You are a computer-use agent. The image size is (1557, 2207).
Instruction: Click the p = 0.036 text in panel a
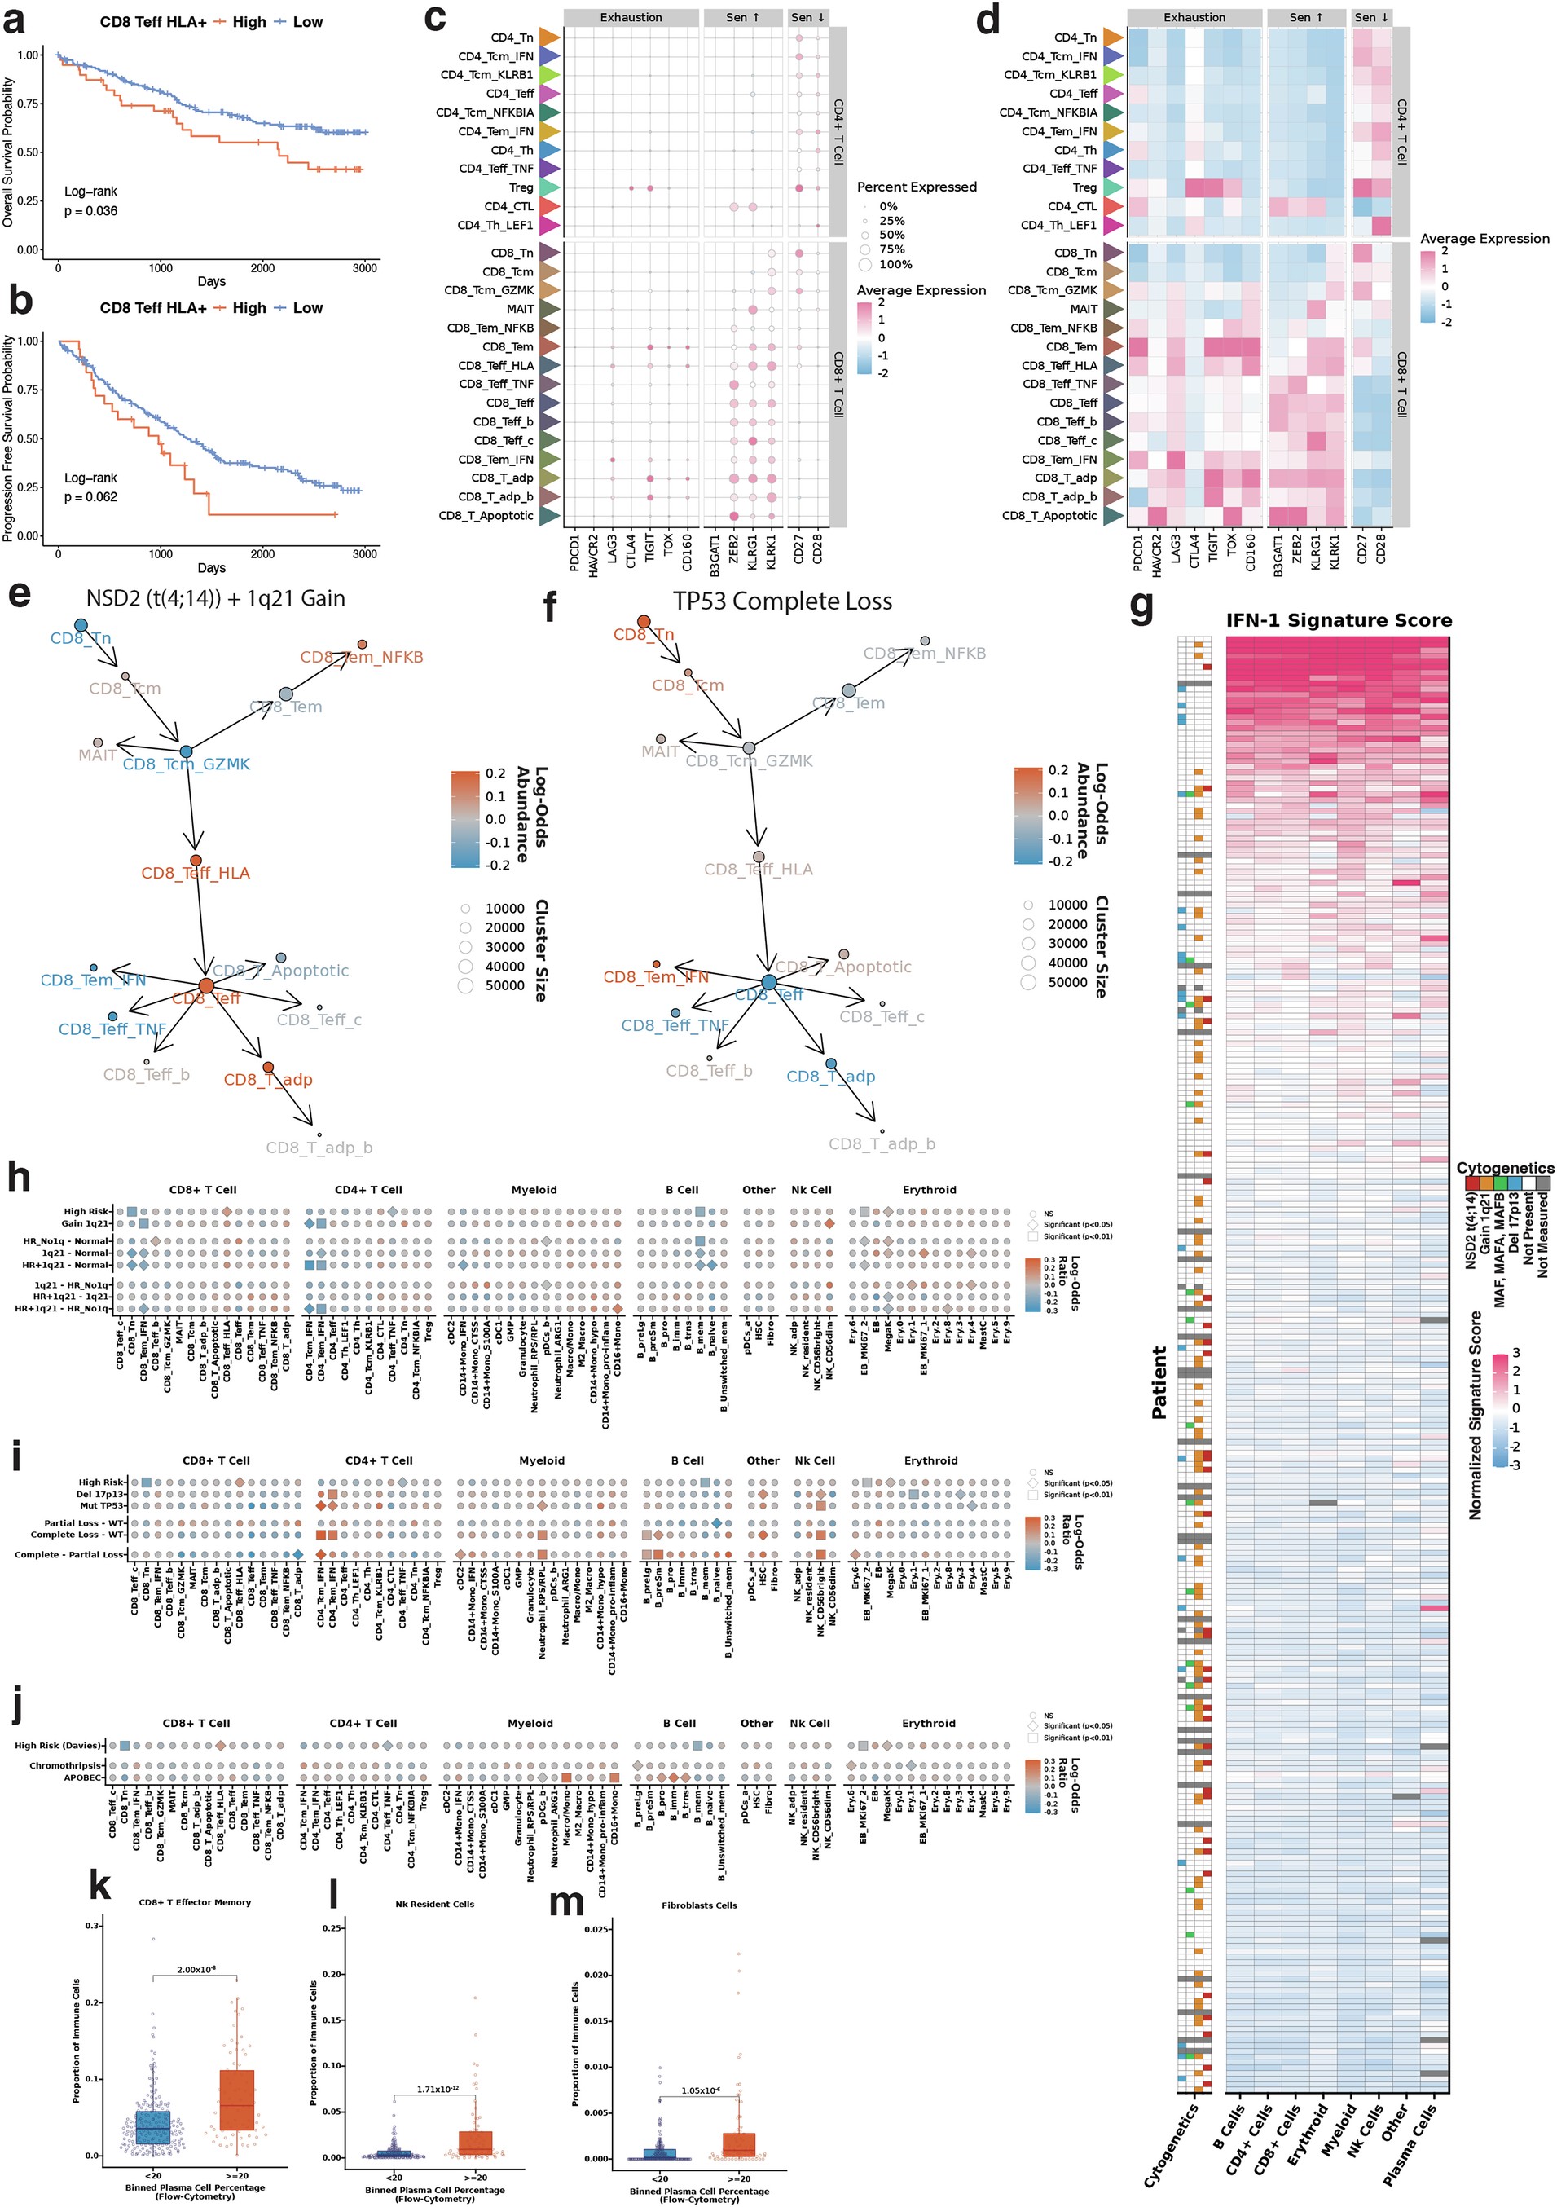90,211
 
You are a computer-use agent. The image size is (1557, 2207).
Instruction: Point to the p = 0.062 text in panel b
90,497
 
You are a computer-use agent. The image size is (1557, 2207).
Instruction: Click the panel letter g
1141,607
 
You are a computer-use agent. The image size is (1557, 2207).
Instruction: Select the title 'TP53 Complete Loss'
782,601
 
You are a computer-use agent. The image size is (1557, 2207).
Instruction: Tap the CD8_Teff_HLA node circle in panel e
196,861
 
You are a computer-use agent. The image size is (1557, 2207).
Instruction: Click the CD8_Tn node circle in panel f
643,622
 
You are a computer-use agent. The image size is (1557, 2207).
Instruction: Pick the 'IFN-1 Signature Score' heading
1339,621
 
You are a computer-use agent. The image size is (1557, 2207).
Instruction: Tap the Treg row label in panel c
521,187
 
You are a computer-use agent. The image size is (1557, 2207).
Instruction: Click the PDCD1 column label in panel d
1138,553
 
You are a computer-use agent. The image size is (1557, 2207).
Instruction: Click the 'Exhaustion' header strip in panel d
1194,17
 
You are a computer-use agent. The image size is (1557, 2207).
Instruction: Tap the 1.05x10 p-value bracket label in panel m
700,2090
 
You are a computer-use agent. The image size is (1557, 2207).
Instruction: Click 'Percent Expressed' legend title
916,187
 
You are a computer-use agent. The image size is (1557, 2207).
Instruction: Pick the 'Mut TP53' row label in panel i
101,1505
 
